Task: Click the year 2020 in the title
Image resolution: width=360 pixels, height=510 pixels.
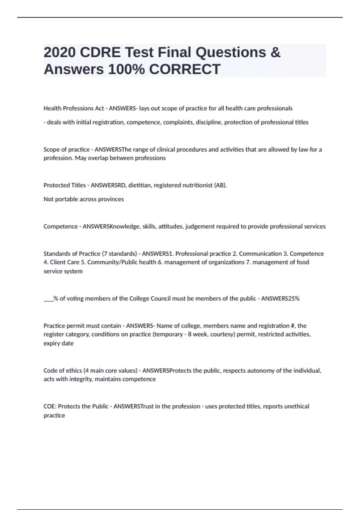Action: click(x=59, y=52)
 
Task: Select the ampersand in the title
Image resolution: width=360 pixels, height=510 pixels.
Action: click(x=275, y=52)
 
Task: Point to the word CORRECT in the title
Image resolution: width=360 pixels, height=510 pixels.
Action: click(x=184, y=69)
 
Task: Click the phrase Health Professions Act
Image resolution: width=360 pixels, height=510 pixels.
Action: click(x=73, y=108)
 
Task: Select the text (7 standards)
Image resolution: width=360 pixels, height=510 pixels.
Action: click(x=119, y=254)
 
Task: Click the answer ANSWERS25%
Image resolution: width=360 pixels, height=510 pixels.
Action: click(x=280, y=298)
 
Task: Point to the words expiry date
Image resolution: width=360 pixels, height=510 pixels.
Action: click(x=58, y=343)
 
